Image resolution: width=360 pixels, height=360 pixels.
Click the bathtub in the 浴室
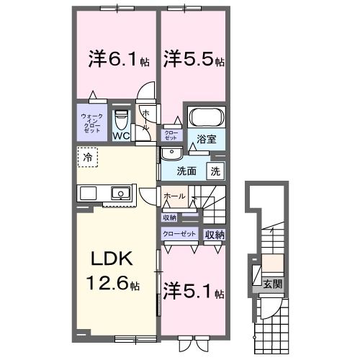pos(206,117)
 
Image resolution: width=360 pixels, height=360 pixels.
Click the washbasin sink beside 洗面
pos(171,154)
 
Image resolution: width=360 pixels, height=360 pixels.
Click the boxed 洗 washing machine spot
pos(215,171)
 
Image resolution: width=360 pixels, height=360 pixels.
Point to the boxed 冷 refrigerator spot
pos(87,156)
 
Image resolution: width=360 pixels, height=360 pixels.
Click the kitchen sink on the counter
pos(120,192)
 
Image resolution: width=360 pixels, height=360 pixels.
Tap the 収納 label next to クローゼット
pos(215,235)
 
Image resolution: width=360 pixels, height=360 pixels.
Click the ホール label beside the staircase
pos(175,196)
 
